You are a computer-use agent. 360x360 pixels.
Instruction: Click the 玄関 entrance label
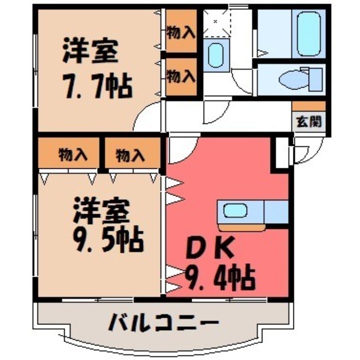point(308,121)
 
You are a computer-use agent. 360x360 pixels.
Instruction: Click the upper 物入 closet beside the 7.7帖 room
point(181,32)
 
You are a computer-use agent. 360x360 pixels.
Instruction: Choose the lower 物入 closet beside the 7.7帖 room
point(181,76)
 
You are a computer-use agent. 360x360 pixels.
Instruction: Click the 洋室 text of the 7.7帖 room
point(91,52)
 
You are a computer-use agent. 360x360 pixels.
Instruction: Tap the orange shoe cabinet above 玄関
point(308,106)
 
